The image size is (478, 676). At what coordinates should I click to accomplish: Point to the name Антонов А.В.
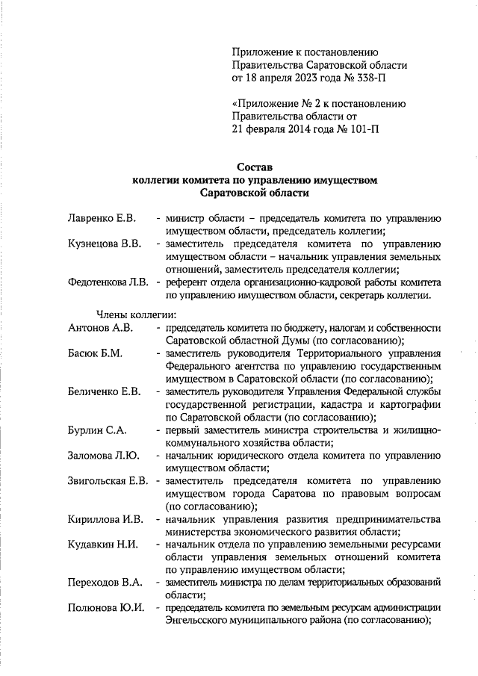100,328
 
